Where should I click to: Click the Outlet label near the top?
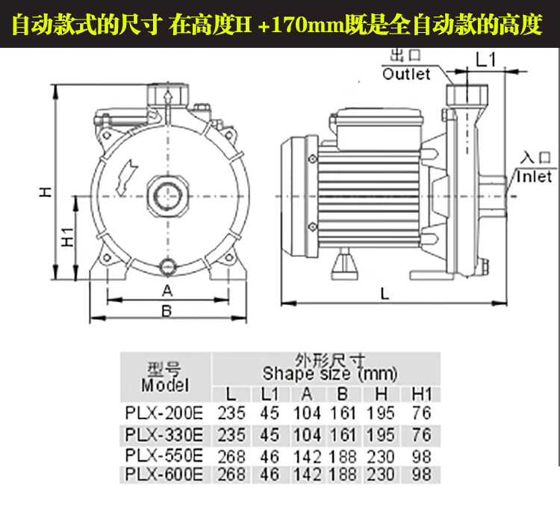pos(406,74)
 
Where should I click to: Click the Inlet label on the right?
pos(534,176)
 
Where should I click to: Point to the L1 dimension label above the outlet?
pos(486,59)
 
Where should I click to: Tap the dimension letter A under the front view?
pos(167,291)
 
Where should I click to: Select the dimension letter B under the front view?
pos(167,311)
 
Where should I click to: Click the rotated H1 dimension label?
pos(67,237)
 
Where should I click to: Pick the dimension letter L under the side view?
pos(385,294)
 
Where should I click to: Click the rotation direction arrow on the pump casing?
pos(125,178)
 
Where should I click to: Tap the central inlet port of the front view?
pos(167,196)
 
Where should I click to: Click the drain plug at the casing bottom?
pos(167,266)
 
